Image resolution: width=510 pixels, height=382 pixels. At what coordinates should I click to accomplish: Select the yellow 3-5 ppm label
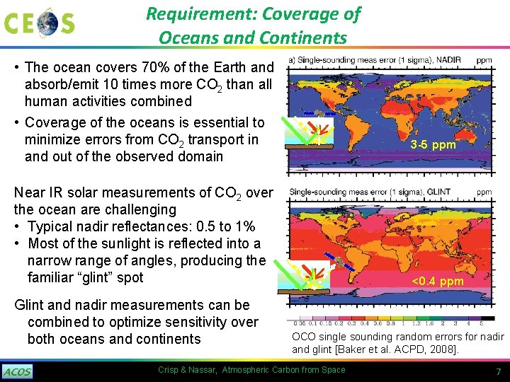pyautogui.click(x=433, y=145)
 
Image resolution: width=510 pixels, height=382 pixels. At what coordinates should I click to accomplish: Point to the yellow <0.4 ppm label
pyautogui.click(x=438, y=282)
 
